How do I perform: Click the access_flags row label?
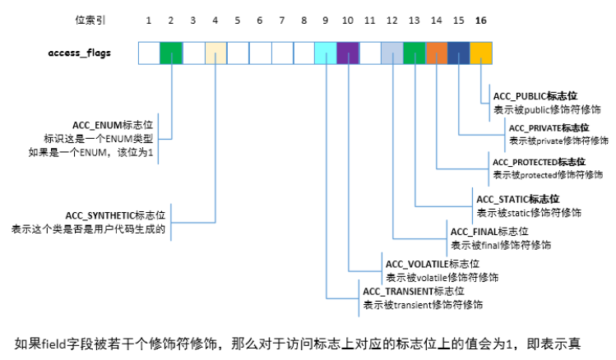[80, 53]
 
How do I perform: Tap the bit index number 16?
[480, 19]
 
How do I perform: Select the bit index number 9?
[326, 19]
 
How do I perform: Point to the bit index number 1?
[149, 19]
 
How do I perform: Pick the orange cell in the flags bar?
[437, 53]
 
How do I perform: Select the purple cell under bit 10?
[348, 53]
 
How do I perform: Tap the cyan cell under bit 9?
[326, 53]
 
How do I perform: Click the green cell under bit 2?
[171, 53]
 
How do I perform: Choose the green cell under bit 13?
[415, 53]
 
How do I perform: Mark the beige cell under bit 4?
[215, 53]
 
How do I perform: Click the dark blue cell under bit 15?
[459, 53]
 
